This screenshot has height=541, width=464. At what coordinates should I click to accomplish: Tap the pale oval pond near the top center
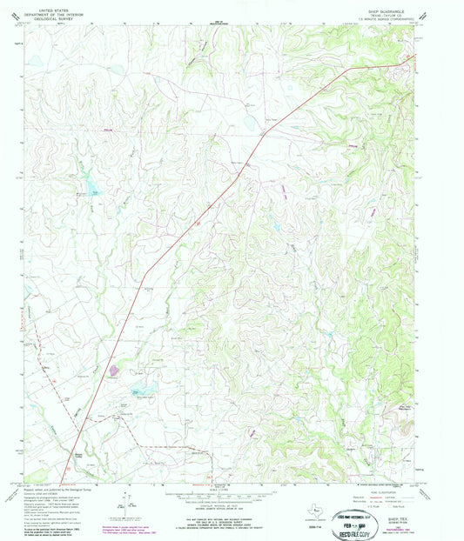250,122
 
